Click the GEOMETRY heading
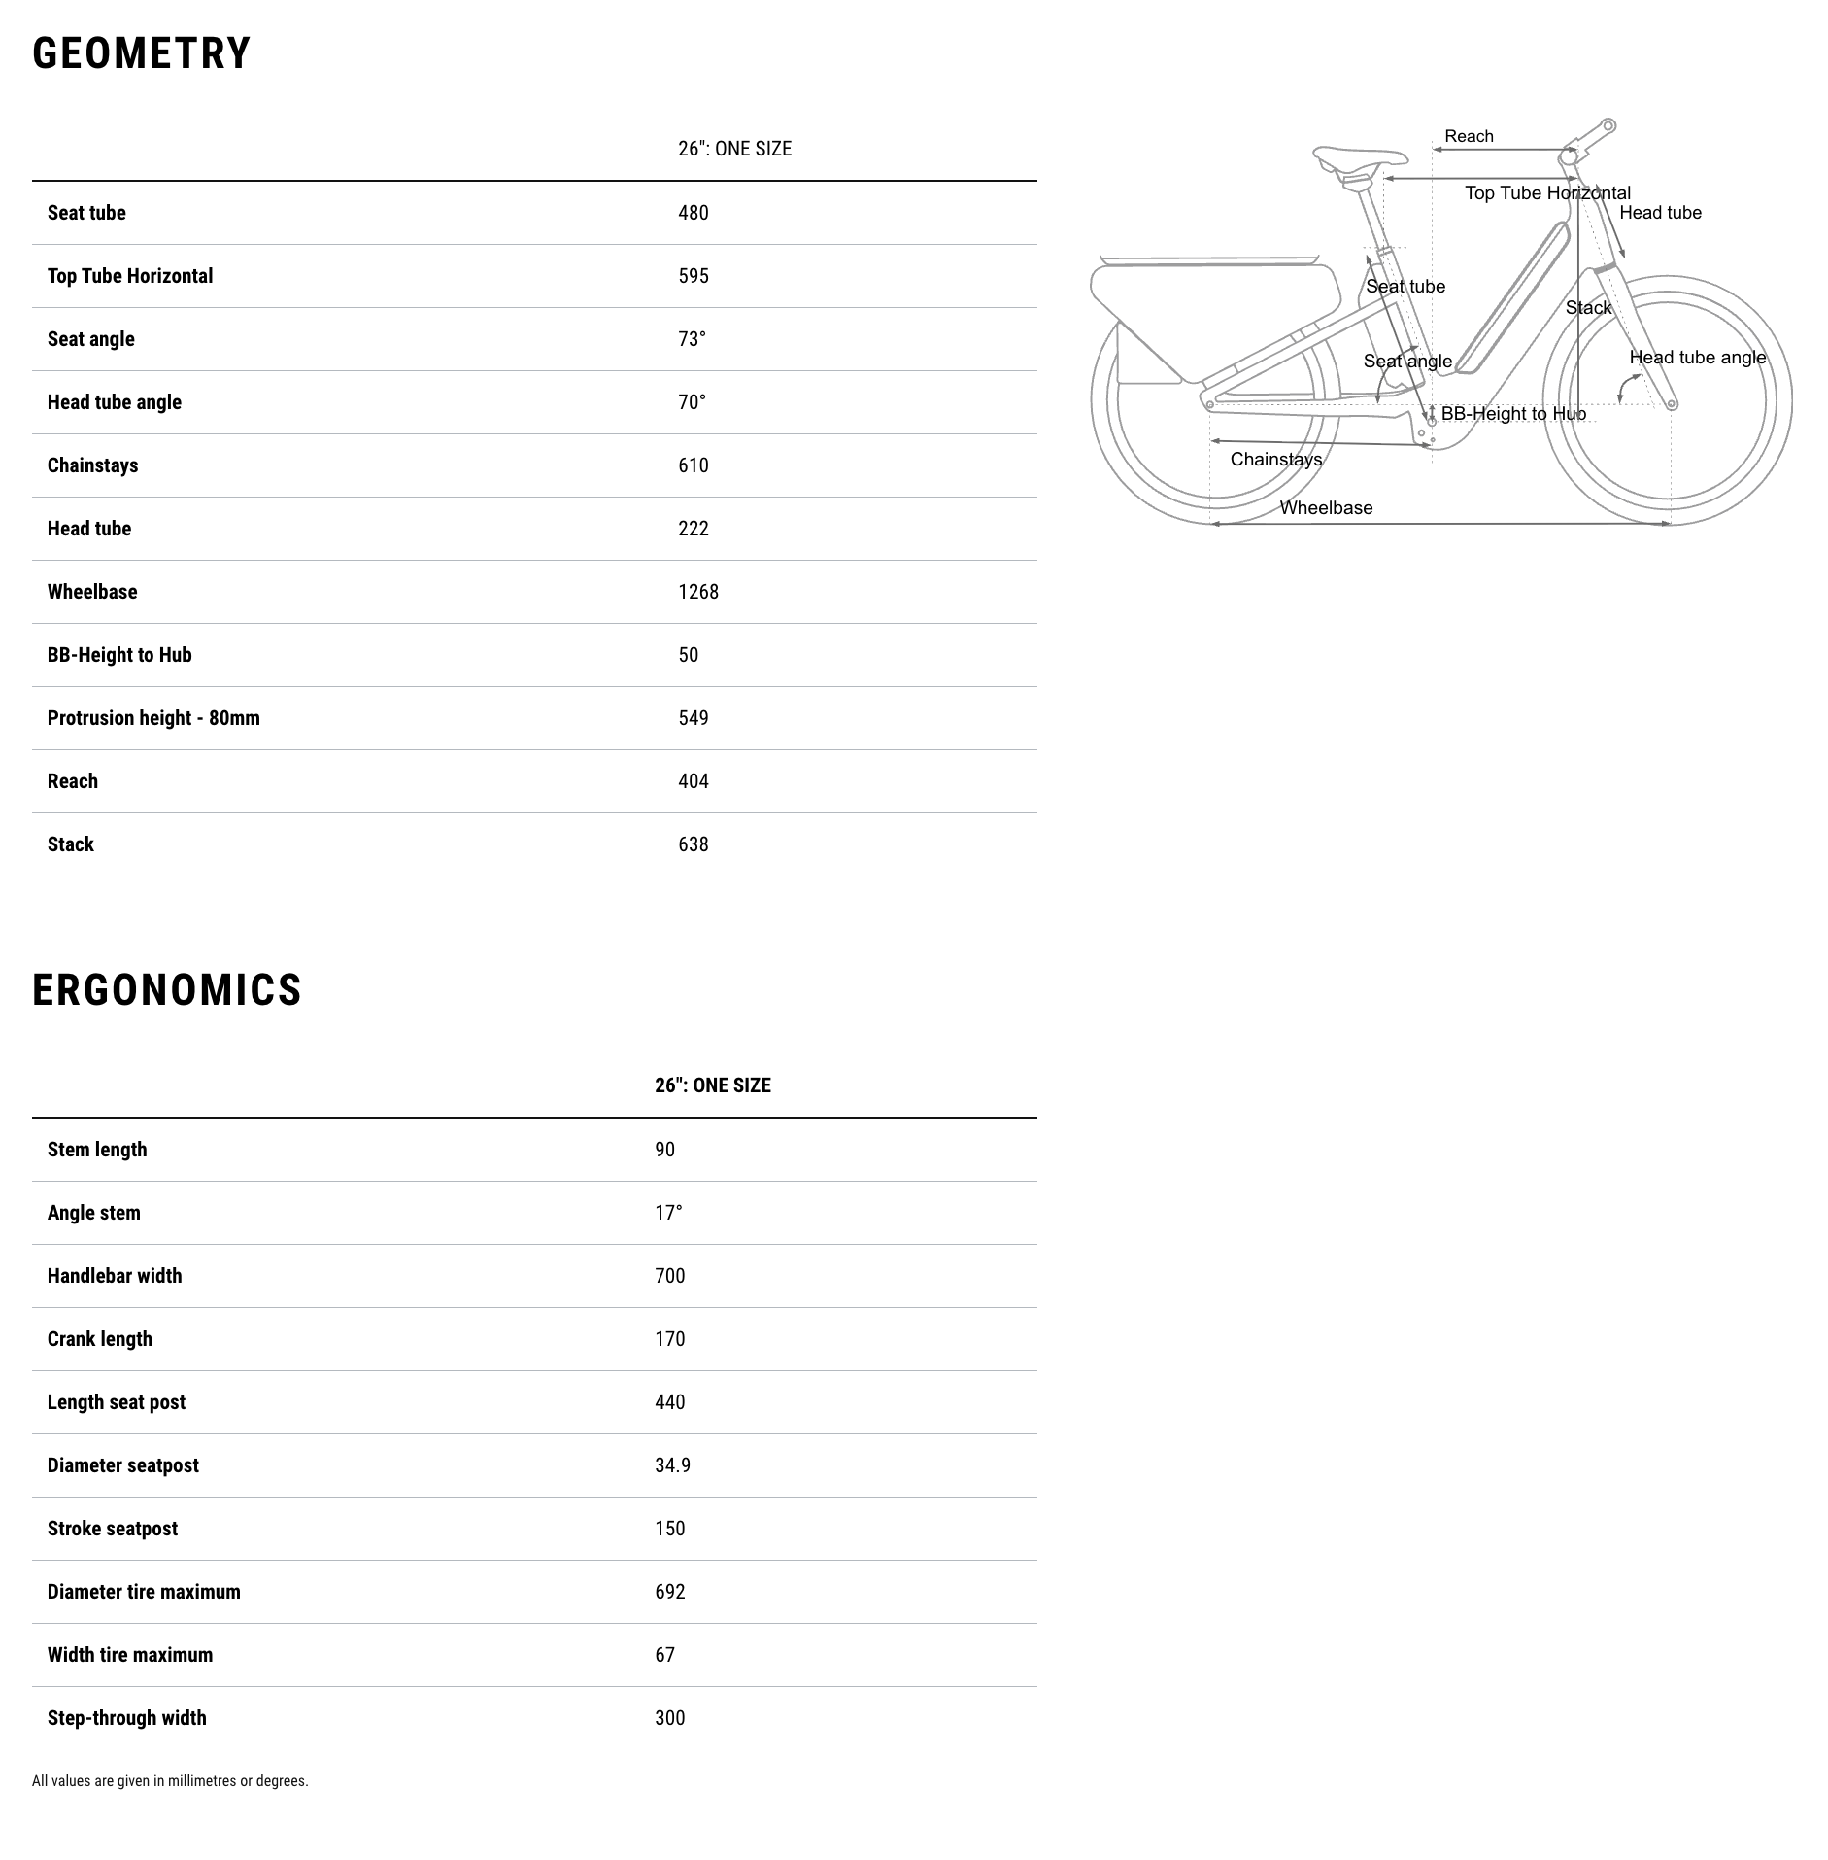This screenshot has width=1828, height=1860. pos(142,53)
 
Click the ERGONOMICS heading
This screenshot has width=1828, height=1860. pos(167,990)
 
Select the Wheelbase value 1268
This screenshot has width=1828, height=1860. pos(697,592)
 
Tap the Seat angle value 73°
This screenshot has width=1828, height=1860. pos(692,339)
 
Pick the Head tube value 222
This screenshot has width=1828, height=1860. pos(693,529)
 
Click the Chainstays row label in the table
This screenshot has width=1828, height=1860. pos(92,465)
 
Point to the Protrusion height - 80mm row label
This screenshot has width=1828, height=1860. pos(153,718)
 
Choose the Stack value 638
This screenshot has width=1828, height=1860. pos(693,844)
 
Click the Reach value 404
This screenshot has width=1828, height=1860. pos(693,781)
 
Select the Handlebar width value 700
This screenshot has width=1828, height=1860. pos(669,1276)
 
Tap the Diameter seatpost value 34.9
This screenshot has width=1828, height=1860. pos(672,1465)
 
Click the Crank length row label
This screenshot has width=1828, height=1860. pos(99,1339)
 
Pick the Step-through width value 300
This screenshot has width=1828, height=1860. pos(669,1718)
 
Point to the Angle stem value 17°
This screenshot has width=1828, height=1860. pos(668,1213)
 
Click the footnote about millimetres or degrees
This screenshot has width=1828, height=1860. pos(170,1781)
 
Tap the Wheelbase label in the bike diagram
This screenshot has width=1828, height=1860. pos(1326,507)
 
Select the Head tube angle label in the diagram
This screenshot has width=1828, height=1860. pos(1697,357)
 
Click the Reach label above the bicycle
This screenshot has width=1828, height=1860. pos(1469,136)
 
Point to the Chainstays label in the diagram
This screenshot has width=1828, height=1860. pos(1275,459)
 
